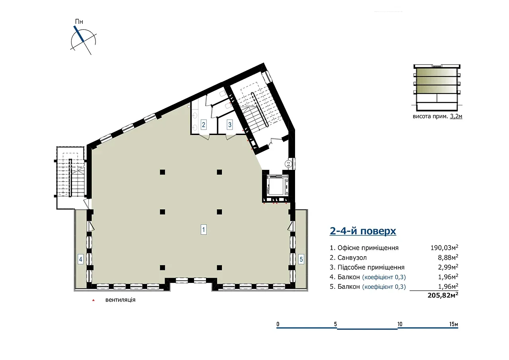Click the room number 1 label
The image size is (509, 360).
coord(203,230)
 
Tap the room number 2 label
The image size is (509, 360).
coord(203,125)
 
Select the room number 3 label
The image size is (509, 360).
coord(230,125)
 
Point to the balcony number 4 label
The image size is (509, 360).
coord(80,259)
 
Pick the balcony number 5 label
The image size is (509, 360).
coord(301,259)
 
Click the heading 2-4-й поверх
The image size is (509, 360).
coord(363,231)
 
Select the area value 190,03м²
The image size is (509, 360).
coord(444,247)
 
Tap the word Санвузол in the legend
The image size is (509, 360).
coord(352,257)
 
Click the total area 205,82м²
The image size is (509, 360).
coord(443,295)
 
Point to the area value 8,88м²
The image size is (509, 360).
coord(448,257)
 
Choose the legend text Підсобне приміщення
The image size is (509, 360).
coord(371,267)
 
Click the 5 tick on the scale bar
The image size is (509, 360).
coord(335,324)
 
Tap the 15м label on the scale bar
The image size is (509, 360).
coord(454,324)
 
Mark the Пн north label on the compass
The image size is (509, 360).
coord(79,21)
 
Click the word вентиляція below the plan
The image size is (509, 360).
coord(120,300)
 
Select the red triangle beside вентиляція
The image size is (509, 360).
coord(93,300)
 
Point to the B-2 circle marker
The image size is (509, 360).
coord(288,163)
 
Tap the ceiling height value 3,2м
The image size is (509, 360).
coord(456,117)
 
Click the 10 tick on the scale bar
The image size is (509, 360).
coord(400,324)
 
